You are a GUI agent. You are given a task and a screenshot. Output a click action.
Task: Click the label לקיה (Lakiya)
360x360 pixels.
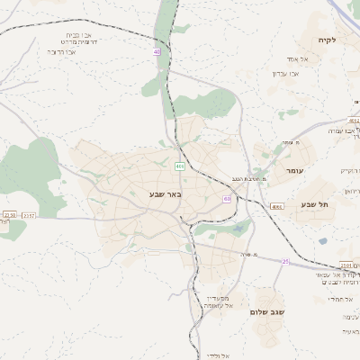[x=327, y=40]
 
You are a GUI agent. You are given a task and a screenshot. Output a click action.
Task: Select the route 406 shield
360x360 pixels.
[x=180, y=166]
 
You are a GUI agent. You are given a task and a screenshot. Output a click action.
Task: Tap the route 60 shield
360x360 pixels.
[x=228, y=199]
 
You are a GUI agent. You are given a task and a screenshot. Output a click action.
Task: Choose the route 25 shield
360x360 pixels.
[x=285, y=262]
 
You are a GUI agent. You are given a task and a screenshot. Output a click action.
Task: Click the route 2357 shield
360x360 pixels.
[x=29, y=216]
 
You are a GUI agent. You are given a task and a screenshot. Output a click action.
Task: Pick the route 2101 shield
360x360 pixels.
[x=347, y=265]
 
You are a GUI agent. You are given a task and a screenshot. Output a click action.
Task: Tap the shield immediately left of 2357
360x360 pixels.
[x=9, y=216]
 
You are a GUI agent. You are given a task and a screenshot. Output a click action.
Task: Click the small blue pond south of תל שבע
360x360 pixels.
[x=322, y=240]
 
